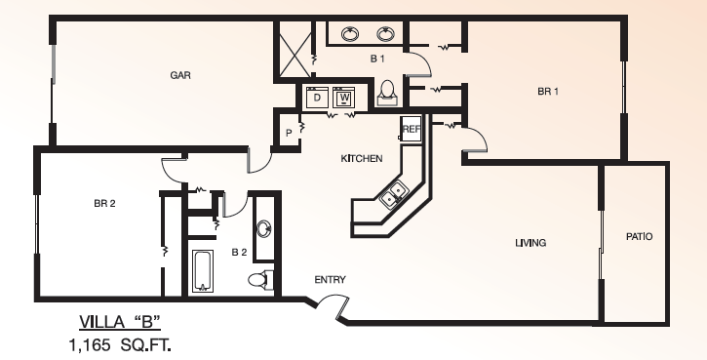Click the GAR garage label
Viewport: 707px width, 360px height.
click(180, 75)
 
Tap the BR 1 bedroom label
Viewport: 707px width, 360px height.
click(548, 91)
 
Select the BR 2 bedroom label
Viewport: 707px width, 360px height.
click(104, 204)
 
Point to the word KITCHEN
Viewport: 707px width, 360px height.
click(362, 158)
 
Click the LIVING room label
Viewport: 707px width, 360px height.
click(530, 243)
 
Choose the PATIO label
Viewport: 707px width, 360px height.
click(639, 236)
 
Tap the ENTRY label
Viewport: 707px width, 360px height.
click(330, 280)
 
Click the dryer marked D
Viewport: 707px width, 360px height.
click(317, 98)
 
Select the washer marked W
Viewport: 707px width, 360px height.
click(344, 98)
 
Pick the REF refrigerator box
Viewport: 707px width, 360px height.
click(411, 129)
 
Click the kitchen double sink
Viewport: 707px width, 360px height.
click(393, 194)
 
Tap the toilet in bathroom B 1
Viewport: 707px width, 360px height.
click(387, 94)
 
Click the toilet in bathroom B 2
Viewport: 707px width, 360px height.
click(260, 279)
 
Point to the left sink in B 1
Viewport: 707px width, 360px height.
click(350, 34)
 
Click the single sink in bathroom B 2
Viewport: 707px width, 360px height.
click(263, 228)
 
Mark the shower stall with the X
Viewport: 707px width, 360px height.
click(295, 50)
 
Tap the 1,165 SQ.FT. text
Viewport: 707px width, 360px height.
click(120, 345)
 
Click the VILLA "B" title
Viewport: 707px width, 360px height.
click(120, 322)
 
